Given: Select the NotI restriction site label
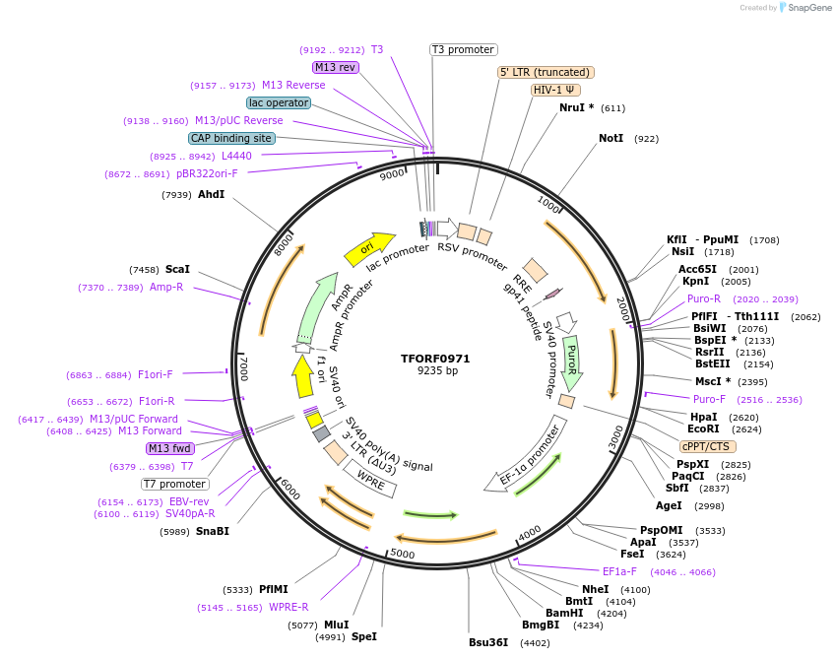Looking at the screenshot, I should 611,138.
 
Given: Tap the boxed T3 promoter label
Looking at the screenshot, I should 464,49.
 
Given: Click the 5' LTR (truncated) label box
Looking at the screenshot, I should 546,72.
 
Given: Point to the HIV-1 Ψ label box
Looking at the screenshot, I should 555,90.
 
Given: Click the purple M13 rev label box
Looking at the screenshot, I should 335,67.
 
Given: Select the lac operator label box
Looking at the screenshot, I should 279,102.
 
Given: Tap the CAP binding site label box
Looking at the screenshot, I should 231,139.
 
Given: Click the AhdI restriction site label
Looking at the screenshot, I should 211,194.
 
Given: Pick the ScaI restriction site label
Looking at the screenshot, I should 177,269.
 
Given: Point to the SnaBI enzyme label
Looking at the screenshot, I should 212,531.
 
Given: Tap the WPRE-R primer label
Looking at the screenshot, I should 289,607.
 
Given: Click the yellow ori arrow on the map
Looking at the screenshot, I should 368,249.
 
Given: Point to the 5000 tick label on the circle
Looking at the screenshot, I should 403,554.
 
